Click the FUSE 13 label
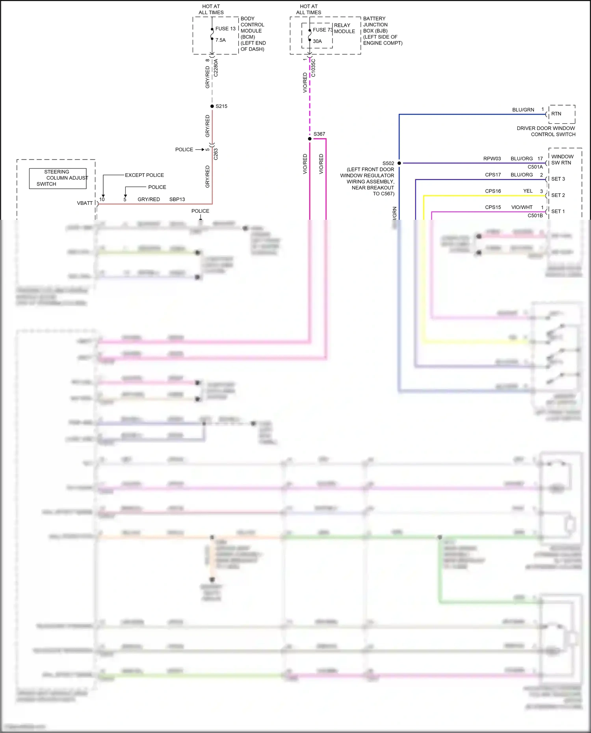pos(225,29)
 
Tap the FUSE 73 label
pos(323,30)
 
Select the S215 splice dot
pos(212,106)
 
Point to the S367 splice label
pos(319,134)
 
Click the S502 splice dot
pos(399,163)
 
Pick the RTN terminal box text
pos(556,114)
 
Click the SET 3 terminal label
pos(558,179)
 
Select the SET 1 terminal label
pos(558,212)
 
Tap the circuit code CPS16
pos(493,191)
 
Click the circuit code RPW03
pos(492,159)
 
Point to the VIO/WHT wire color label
pos(522,207)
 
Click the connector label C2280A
pos(216,68)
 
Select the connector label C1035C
pos(313,68)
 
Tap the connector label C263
pos(216,154)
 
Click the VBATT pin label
pos(85,203)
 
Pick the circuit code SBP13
pos(177,199)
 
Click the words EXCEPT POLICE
pos(144,175)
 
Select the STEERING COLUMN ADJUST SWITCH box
pos(58,178)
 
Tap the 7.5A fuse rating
pos(220,40)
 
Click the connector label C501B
pos(535,215)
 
